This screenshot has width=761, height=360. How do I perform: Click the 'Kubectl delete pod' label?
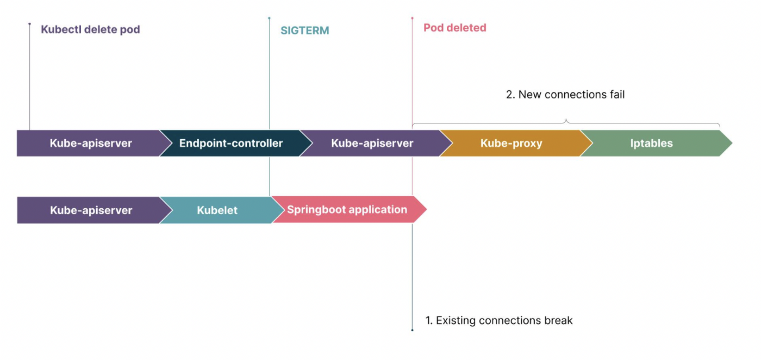click(90, 29)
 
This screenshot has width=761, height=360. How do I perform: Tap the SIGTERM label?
click(304, 30)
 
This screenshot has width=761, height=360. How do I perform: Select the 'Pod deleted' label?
click(454, 28)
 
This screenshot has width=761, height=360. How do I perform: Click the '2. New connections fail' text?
click(565, 95)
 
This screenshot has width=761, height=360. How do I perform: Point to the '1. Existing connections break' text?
click(498, 320)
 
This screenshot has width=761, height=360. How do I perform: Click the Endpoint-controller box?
click(231, 144)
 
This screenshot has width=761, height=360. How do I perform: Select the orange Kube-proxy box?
click(512, 144)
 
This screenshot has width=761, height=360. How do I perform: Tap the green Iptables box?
click(651, 144)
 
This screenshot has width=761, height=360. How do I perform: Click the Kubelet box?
click(217, 210)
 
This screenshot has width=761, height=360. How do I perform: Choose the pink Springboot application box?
click(347, 210)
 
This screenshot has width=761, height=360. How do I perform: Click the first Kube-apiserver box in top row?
click(91, 144)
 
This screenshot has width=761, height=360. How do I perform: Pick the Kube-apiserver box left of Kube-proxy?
click(372, 144)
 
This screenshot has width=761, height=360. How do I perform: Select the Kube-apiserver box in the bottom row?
click(91, 210)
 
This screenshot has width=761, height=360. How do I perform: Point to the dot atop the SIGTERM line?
click(269, 18)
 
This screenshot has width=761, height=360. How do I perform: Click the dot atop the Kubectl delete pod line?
click(30, 24)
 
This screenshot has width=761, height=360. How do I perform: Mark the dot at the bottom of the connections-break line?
click(412, 330)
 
